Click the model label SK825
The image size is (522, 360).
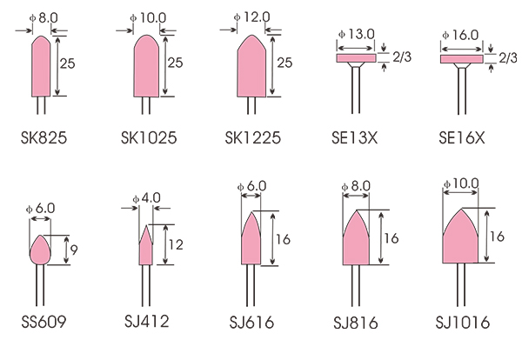43,137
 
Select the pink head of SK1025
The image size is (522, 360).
146,66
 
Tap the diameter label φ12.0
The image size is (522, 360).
251,17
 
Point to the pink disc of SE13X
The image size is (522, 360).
356,58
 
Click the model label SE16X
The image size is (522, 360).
462,137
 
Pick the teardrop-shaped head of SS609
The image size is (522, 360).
40,250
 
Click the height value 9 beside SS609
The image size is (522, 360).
74,250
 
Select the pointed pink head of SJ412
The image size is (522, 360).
146,245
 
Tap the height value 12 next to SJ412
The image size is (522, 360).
176,245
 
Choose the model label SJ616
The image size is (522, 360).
251,323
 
